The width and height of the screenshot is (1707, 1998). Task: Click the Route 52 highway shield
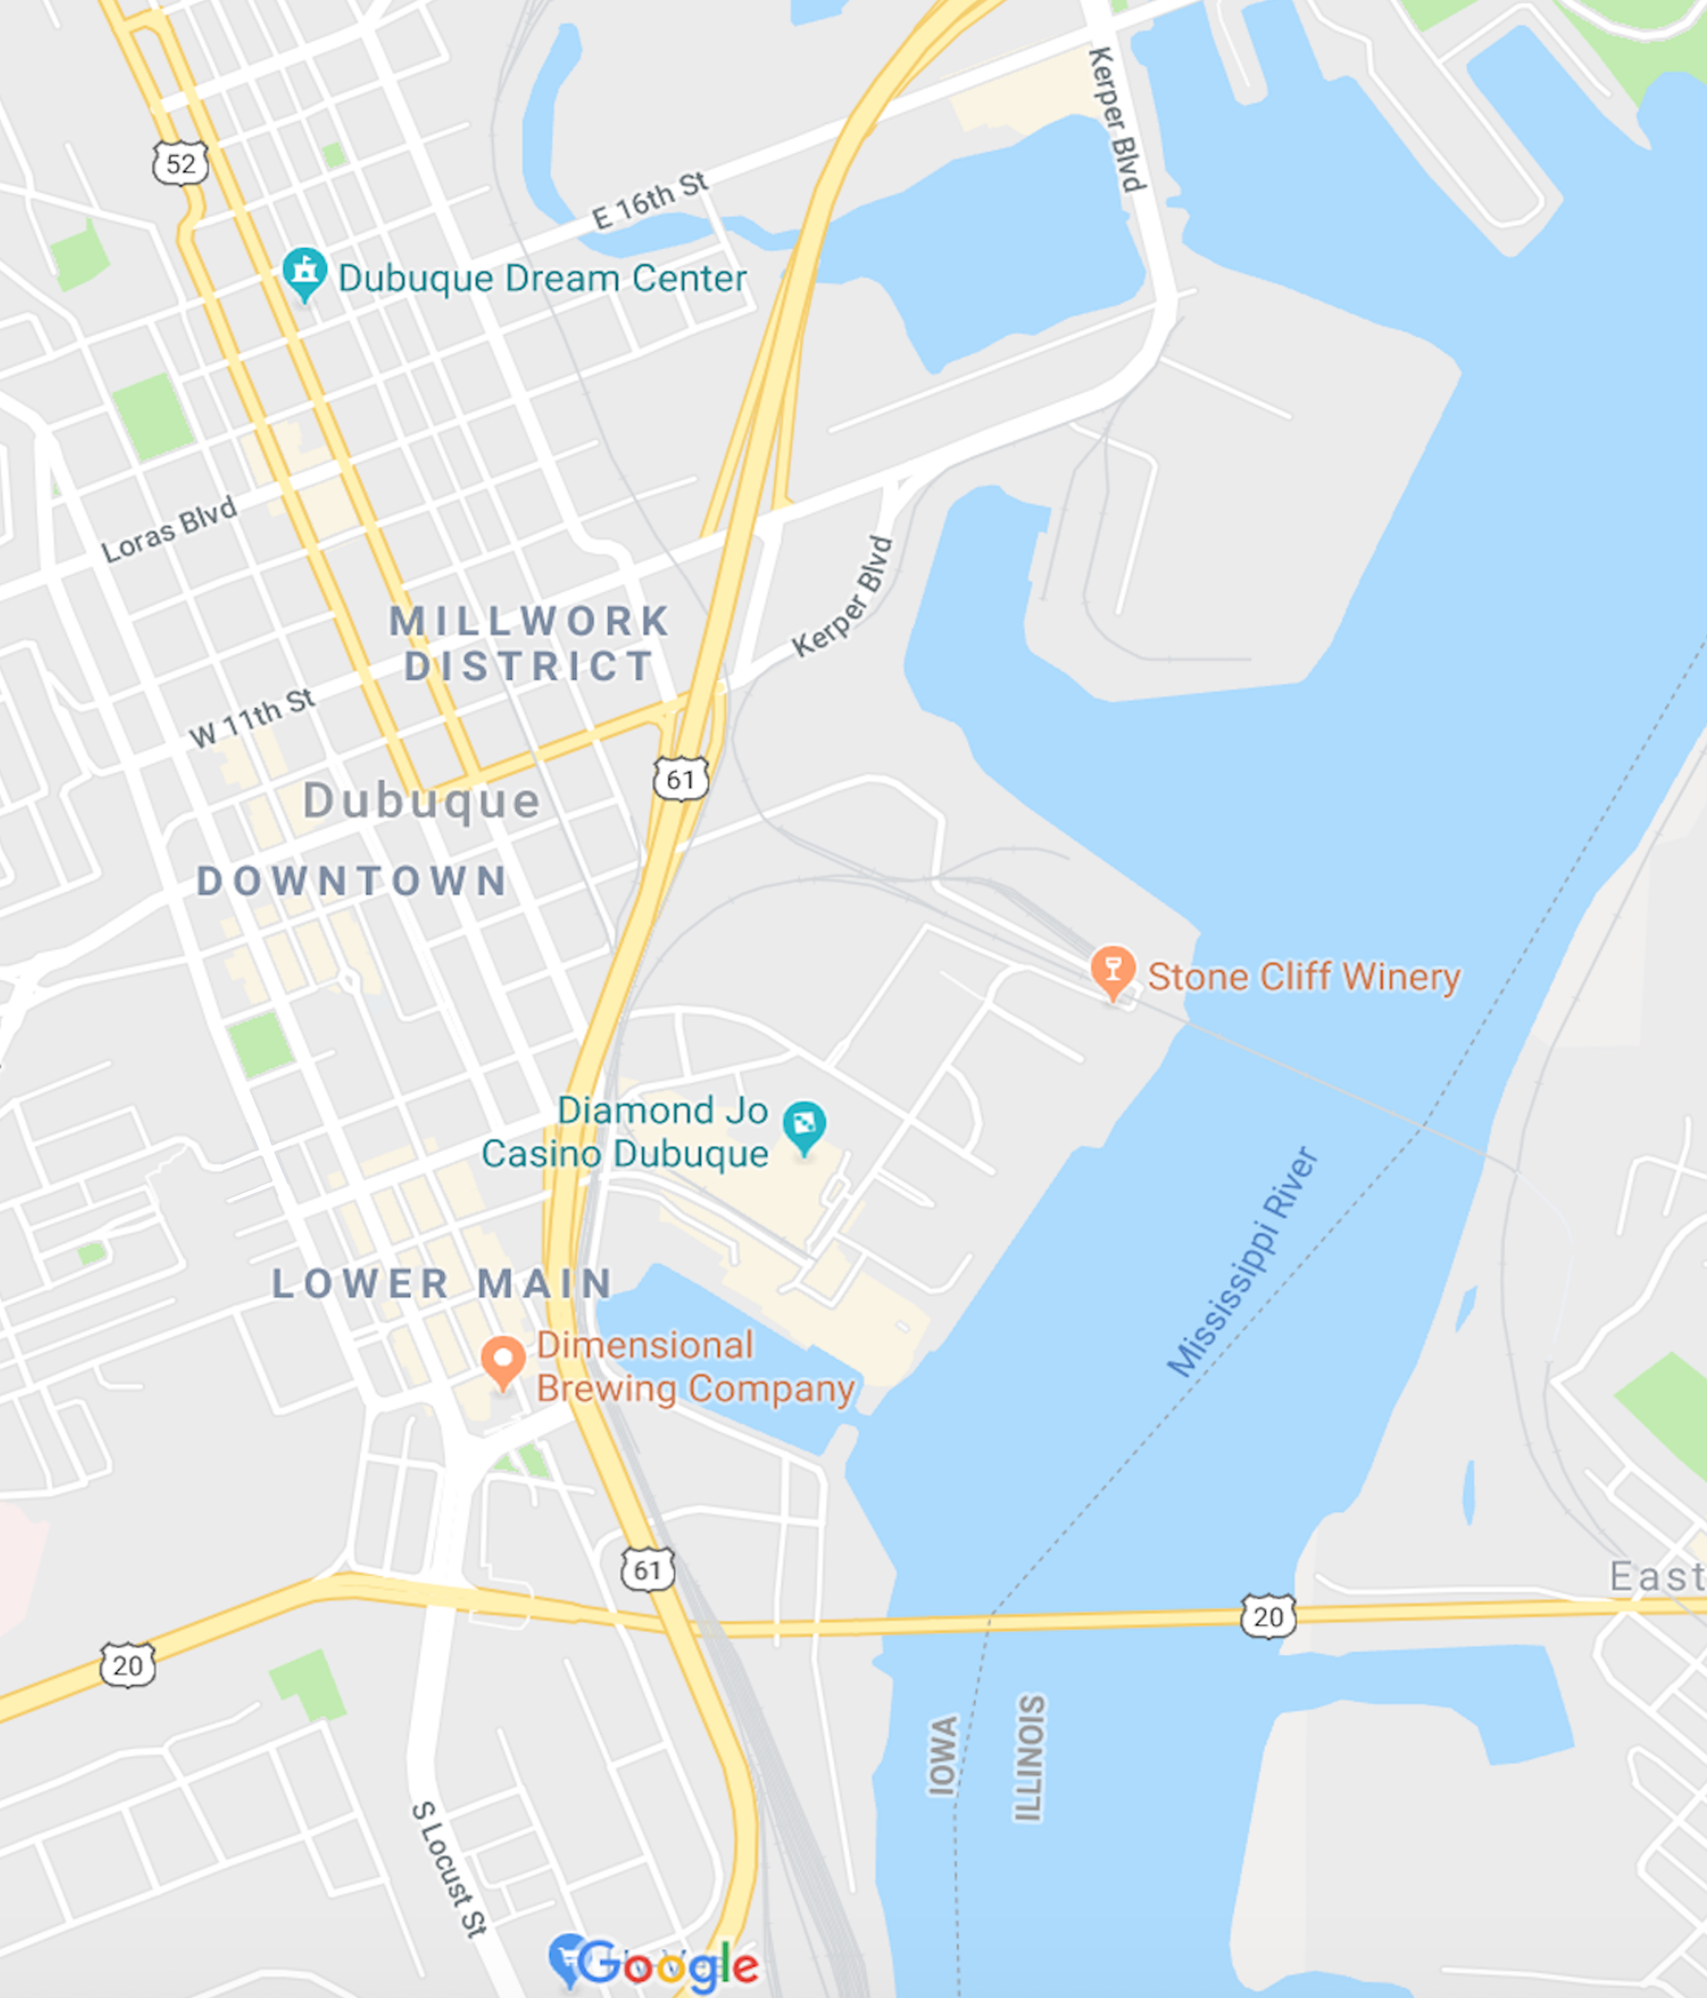click(x=181, y=163)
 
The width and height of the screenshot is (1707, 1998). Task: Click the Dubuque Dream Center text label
click(x=542, y=279)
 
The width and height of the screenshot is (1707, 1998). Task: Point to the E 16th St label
click(x=650, y=201)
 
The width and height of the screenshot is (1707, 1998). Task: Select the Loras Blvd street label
click(x=170, y=529)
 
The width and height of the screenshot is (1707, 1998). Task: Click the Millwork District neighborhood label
click(x=529, y=644)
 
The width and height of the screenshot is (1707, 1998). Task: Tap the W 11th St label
click(x=252, y=718)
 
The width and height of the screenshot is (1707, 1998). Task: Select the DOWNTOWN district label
click(x=353, y=881)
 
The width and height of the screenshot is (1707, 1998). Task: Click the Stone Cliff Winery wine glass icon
click(x=1112, y=969)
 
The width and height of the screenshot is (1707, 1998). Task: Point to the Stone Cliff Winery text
click(x=1303, y=977)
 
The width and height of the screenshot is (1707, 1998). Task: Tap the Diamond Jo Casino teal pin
click(x=804, y=1126)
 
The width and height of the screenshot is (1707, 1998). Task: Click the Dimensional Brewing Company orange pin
click(x=502, y=1359)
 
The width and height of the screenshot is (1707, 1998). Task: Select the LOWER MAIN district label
click(x=443, y=1284)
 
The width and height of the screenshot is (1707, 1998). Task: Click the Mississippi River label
click(x=1243, y=1262)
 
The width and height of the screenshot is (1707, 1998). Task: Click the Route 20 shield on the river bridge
click(x=1268, y=1616)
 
